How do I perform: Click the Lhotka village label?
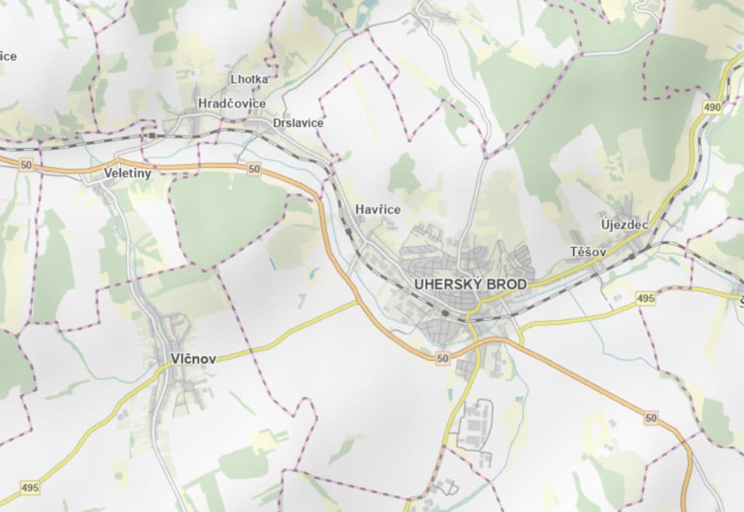249,79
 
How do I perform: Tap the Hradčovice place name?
232,104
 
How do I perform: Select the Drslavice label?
298,123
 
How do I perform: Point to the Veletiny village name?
128,173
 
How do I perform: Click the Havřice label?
378,209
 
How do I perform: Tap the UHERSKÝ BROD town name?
471,284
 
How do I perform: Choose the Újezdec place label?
625,225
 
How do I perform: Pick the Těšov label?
588,252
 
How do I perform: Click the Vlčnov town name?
193,359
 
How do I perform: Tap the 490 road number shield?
712,108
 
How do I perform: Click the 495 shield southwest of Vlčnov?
29,488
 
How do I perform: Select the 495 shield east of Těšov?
646,298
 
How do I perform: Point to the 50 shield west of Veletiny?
26,165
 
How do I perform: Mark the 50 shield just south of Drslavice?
254,169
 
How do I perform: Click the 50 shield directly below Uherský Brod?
442,359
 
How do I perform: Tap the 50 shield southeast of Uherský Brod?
651,418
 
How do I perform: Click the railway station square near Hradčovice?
152,136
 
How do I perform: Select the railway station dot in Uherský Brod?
445,313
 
